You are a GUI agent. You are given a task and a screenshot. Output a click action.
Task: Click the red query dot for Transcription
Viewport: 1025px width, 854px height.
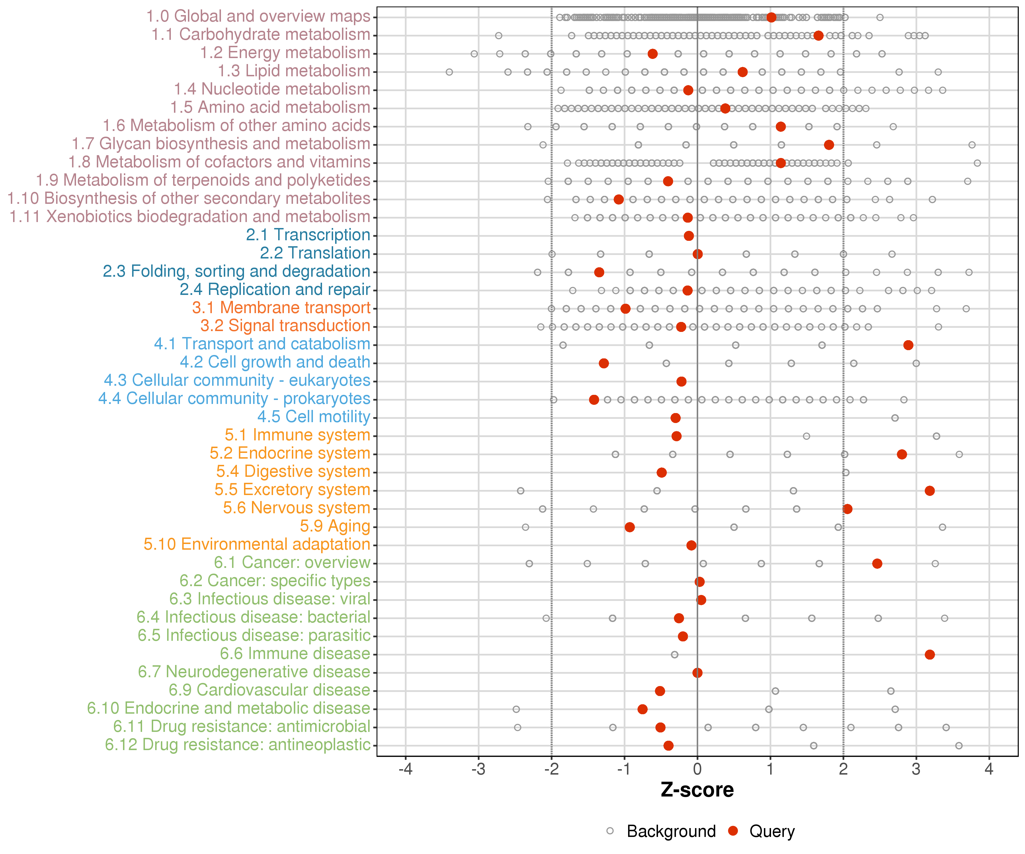coord(689,236)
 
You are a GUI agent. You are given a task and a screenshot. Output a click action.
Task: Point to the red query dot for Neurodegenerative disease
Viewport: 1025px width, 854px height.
coord(698,672)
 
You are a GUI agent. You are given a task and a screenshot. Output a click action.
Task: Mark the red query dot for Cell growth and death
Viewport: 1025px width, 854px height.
coord(604,363)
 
